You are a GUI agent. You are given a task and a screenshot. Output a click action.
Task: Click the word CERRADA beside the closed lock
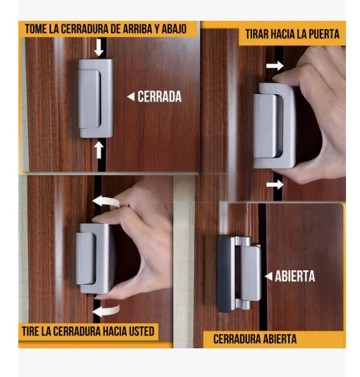(159, 96)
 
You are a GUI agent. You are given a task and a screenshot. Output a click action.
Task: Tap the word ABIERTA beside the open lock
(295, 276)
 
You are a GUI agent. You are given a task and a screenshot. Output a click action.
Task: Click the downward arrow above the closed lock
(99, 48)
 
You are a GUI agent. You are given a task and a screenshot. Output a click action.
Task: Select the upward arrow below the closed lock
(99, 149)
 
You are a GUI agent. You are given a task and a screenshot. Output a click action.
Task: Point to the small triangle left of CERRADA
(131, 96)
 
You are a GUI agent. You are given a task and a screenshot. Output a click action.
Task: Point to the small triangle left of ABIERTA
(268, 276)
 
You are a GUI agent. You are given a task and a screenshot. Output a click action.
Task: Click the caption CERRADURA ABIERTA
(254, 339)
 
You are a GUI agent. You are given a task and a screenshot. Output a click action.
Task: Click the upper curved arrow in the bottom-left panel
(106, 201)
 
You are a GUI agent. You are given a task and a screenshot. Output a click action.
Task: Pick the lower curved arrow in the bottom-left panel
(106, 311)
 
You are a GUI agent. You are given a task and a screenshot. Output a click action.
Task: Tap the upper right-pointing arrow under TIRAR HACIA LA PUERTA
(275, 66)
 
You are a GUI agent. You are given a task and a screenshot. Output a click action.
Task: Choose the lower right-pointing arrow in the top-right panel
(275, 185)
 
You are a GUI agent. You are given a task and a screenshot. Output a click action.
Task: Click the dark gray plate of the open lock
(225, 275)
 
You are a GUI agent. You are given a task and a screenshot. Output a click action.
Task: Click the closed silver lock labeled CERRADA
(95, 98)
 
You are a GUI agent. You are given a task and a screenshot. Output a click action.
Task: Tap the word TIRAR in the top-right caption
(257, 34)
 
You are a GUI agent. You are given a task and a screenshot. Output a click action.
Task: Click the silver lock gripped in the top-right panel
(275, 126)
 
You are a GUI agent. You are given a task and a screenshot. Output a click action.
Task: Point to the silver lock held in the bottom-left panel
(95, 259)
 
